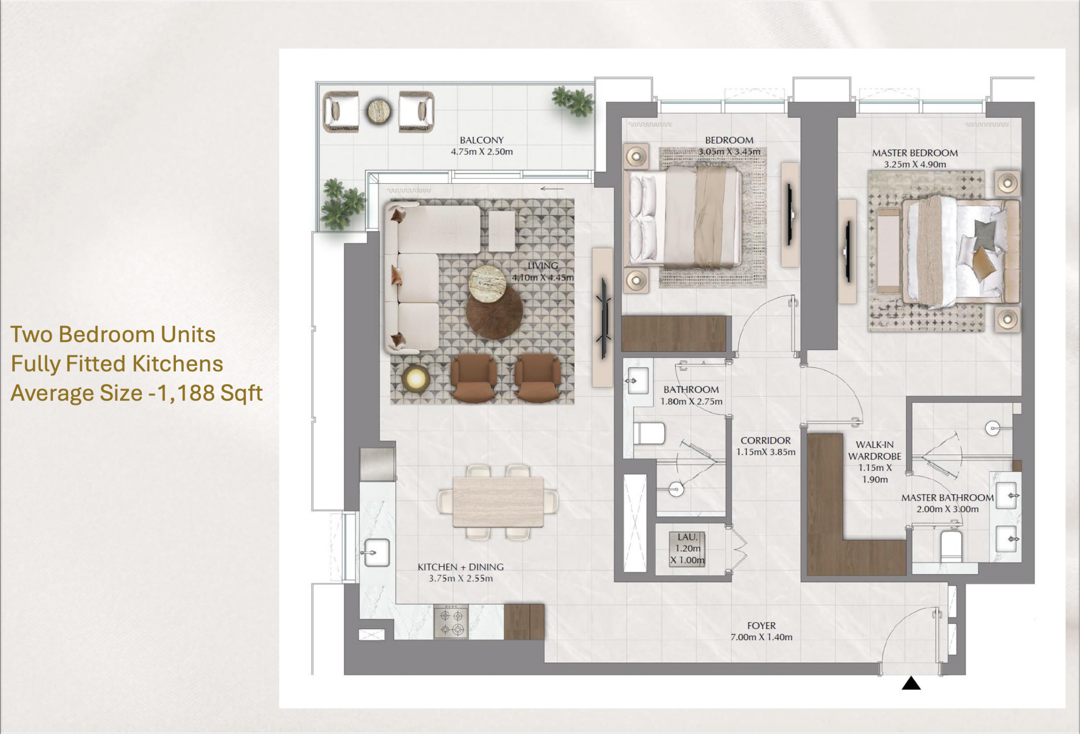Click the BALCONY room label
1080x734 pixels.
point(481,140)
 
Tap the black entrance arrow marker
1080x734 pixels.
point(911,683)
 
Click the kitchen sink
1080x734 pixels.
point(376,552)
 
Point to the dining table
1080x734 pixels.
point(498,502)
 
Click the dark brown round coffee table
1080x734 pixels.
point(494,312)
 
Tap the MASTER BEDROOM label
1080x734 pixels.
point(915,153)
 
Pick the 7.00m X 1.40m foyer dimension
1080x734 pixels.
point(761,637)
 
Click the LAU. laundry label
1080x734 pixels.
point(687,537)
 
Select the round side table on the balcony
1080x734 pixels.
point(379,111)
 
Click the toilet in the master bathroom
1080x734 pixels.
point(950,546)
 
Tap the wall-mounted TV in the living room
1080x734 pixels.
point(604,318)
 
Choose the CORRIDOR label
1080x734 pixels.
point(765,440)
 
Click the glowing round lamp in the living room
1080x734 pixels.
point(415,379)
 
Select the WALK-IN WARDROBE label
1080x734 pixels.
point(875,450)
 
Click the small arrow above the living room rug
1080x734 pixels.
point(552,189)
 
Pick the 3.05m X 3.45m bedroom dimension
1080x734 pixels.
point(729,152)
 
